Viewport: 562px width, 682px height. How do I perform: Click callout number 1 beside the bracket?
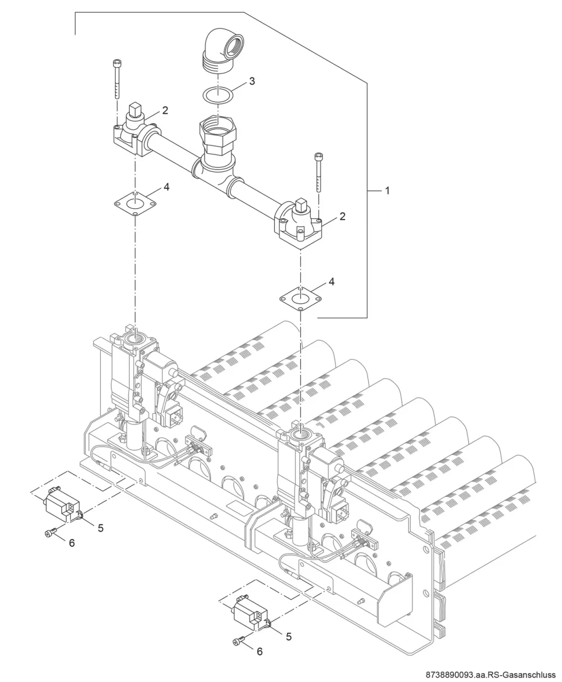pos(387,191)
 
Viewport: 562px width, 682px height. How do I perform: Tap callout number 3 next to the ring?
pos(252,81)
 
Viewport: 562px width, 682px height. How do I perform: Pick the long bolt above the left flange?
pos(116,79)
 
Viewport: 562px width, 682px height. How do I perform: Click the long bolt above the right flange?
pos(319,173)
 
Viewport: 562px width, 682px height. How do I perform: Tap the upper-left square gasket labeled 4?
pos(135,204)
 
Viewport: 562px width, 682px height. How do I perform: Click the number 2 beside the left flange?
pos(165,111)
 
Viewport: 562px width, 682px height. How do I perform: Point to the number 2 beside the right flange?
pos(342,216)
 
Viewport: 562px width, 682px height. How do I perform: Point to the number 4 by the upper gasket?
pos(166,187)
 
